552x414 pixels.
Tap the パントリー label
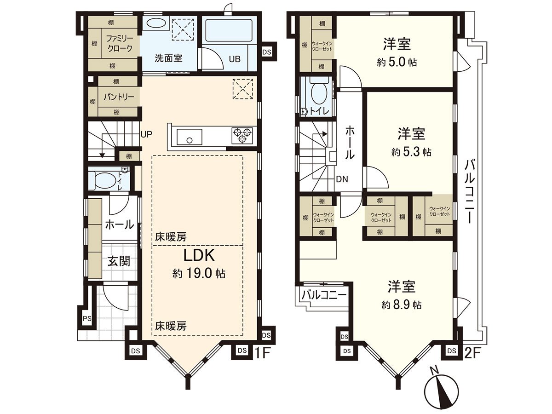point(118,97)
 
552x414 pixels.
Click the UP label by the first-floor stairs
point(146,135)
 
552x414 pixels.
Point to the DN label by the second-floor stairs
point(341,178)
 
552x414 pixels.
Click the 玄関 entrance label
point(119,261)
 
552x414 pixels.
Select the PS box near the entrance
point(86,319)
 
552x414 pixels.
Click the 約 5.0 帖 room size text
point(397,63)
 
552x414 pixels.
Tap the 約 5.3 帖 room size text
point(411,152)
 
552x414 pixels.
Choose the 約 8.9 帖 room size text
point(401,305)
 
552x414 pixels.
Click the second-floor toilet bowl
point(318,92)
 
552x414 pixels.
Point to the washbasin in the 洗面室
point(155,24)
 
